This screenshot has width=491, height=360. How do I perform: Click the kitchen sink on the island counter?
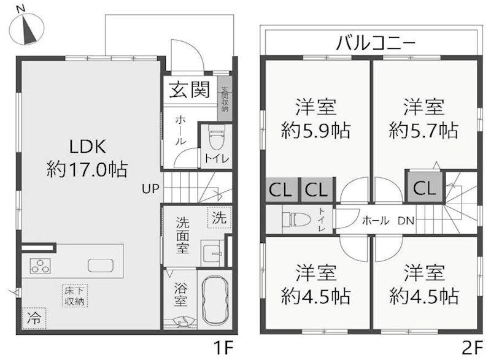101,266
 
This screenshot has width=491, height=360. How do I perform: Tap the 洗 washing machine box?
219,217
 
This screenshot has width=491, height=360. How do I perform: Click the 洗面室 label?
182,236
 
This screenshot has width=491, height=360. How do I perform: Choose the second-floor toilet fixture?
294,218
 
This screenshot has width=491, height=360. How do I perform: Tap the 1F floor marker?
224,348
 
